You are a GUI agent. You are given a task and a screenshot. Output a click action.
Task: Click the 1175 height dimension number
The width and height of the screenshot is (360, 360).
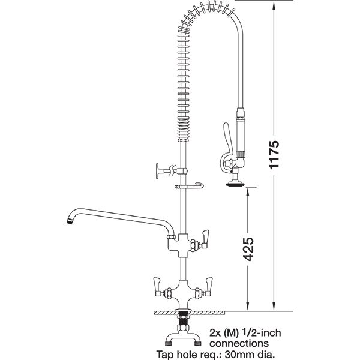[274, 154]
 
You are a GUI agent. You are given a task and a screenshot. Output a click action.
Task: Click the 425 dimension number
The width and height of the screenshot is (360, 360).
[248, 250]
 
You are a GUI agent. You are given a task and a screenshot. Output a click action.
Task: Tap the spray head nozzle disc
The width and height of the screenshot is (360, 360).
[235, 184]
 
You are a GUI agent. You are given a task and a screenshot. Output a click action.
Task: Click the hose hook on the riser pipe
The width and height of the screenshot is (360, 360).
[190, 186]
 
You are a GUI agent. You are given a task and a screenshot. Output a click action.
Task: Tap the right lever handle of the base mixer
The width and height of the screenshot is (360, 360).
[208, 287]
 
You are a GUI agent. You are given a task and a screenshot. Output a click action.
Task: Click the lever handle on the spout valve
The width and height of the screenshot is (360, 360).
[205, 239]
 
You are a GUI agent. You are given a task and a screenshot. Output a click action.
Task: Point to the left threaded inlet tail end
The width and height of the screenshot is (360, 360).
[169, 344]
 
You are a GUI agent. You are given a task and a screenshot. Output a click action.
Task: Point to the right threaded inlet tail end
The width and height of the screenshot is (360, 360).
[197, 344]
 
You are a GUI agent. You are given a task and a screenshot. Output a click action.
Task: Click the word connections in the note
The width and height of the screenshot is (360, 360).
[239, 343]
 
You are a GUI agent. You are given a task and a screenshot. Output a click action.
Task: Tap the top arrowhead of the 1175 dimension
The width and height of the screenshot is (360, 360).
[274, 4]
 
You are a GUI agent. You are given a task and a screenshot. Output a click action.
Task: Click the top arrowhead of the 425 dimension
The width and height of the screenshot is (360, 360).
[248, 191]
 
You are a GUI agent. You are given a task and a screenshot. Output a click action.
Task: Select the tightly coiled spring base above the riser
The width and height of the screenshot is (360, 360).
[184, 129]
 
